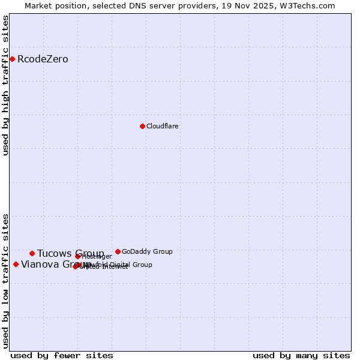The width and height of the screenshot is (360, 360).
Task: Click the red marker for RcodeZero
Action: click(x=12, y=59)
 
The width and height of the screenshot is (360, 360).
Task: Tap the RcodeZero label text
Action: click(x=43, y=59)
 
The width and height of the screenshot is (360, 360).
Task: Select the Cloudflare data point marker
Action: click(x=142, y=126)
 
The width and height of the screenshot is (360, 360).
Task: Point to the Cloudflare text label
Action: click(x=163, y=127)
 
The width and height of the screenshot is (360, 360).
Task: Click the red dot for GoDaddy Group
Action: click(x=118, y=251)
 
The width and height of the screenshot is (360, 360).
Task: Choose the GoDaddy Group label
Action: click(x=147, y=252)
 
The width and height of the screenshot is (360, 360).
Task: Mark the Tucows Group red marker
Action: click(x=32, y=253)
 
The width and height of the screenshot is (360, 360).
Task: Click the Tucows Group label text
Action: click(x=70, y=254)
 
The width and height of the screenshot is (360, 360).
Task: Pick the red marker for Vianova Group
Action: click(x=16, y=264)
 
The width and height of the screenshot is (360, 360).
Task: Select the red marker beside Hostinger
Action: click(x=77, y=256)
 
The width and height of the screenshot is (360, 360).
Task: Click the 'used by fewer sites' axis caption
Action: click(x=62, y=355)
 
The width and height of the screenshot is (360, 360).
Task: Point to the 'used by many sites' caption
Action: click(x=301, y=355)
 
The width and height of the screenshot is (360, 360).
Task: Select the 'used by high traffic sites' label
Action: click(x=6, y=85)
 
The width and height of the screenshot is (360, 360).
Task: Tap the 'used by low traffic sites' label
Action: click(x=6, y=280)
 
